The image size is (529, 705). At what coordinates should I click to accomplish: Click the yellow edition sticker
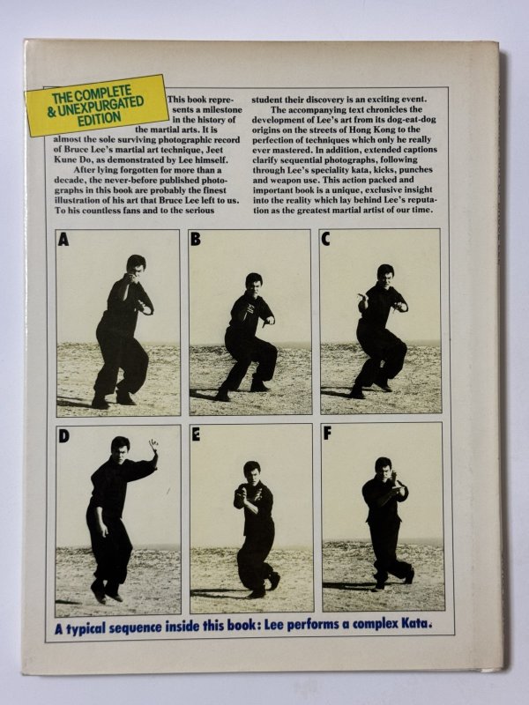pyautogui.click(x=97, y=105)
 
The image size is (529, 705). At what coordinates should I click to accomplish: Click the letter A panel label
pyautogui.click(x=63, y=240)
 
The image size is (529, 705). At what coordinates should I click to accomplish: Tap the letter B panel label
pyautogui.click(x=195, y=239)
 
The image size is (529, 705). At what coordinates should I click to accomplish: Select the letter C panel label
pyautogui.click(x=325, y=239)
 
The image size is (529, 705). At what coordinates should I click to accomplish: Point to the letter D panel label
pyautogui.click(x=63, y=436)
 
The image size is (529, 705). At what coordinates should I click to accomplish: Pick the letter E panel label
pyautogui.click(x=196, y=435)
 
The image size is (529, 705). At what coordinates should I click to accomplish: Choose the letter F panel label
pyautogui.click(x=327, y=434)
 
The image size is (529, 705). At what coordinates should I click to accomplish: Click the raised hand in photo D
pyautogui.click(x=153, y=446)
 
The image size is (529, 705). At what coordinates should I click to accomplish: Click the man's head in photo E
pyautogui.click(x=252, y=470)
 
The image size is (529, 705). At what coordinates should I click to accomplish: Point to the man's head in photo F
pyautogui.click(x=384, y=466)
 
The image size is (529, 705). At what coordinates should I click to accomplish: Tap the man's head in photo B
pyautogui.click(x=254, y=281)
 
